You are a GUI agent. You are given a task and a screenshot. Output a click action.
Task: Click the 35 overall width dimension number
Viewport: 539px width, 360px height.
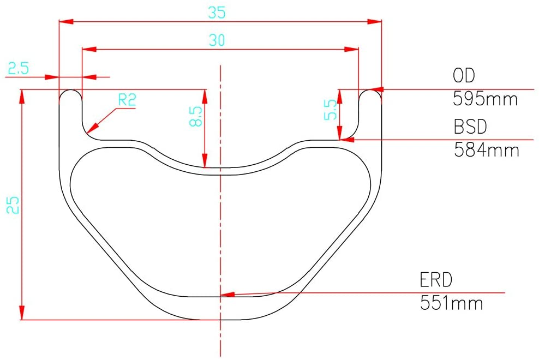[x=217, y=13]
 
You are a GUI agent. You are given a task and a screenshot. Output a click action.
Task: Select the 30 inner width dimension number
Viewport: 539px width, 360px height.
[x=217, y=40]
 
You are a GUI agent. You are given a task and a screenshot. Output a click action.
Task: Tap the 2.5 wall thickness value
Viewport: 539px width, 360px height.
[x=19, y=68]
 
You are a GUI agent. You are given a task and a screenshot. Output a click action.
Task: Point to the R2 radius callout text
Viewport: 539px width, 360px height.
[x=127, y=100]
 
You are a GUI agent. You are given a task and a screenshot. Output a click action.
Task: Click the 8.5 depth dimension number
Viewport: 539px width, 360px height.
[x=196, y=116]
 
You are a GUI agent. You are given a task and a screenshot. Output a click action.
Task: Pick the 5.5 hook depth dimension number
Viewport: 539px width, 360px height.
[x=331, y=110]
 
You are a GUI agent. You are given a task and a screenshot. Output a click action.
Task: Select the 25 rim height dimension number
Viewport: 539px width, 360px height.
[x=13, y=205]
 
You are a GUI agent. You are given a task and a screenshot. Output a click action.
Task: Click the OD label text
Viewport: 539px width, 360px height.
[x=464, y=76]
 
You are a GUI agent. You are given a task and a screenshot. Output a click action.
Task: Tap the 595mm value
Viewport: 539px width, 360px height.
[x=485, y=99]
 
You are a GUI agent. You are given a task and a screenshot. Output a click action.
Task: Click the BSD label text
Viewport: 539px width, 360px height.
[x=470, y=127]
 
